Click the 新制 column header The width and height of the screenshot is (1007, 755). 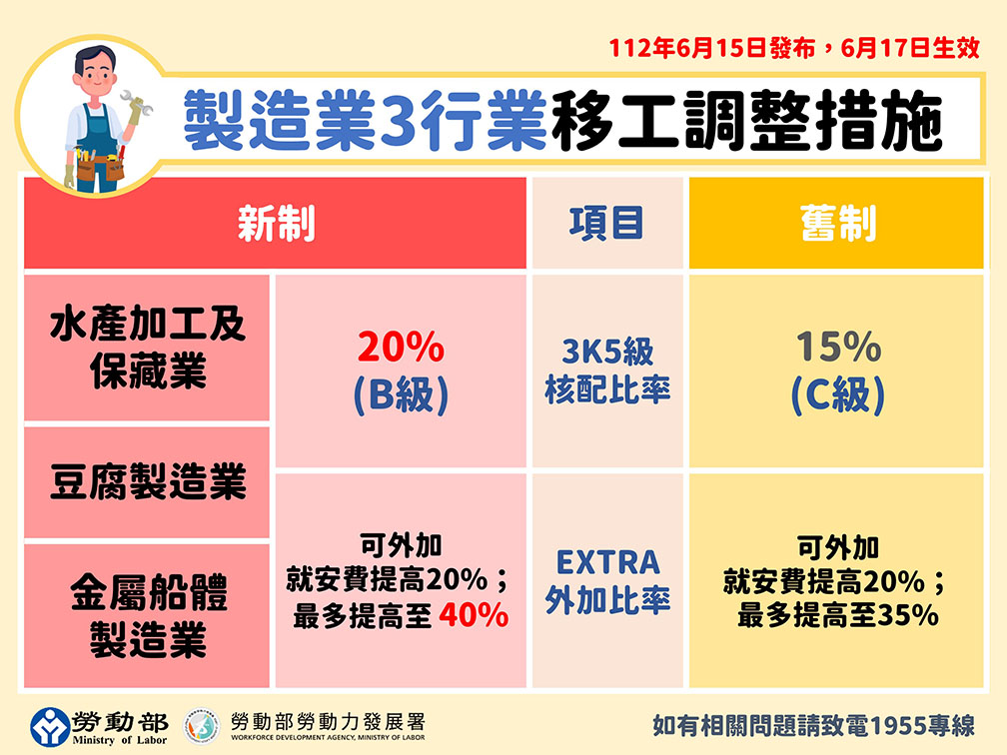(x=276, y=224)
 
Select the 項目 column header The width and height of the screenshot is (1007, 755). (x=606, y=224)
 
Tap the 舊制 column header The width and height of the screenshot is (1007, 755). (x=837, y=224)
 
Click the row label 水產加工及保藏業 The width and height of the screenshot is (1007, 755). (x=147, y=348)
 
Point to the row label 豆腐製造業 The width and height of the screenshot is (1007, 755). (x=147, y=483)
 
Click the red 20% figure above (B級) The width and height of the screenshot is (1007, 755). (x=400, y=349)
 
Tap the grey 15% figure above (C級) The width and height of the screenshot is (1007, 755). (x=837, y=349)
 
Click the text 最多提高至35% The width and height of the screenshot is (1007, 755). (x=837, y=615)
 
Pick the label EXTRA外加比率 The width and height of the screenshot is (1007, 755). (x=606, y=580)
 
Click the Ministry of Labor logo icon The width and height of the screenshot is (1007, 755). (x=49, y=727)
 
